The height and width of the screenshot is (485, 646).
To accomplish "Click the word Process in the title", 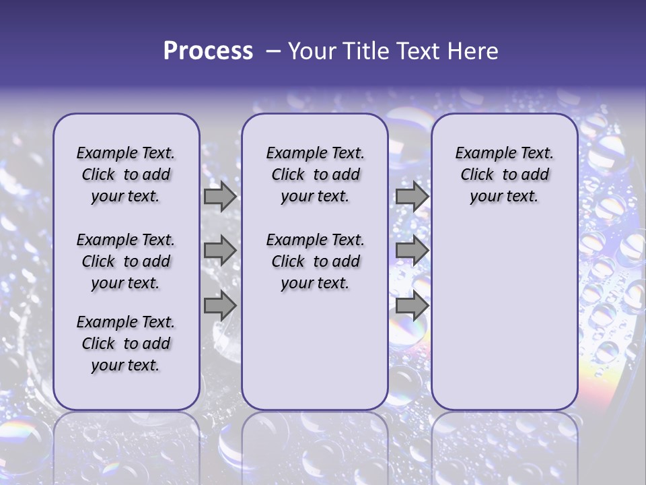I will point(208,51).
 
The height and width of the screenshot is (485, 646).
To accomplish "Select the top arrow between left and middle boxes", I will point(220,197).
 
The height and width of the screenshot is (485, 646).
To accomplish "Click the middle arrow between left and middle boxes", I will point(220,251).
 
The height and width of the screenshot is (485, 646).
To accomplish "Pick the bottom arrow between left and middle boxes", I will point(220,306).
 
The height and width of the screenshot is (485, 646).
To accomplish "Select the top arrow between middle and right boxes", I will point(412,197).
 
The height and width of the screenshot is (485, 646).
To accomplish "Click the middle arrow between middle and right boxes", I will point(412,251).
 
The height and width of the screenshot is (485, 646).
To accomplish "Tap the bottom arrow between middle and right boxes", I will point(412,306).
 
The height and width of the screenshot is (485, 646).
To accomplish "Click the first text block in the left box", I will point(126,174).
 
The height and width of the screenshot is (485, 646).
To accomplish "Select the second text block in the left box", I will point(126,261).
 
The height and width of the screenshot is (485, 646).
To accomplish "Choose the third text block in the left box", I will point(126,344).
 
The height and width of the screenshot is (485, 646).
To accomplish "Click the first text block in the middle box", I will point(315,174).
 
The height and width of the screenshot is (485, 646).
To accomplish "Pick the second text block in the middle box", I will point(315,261).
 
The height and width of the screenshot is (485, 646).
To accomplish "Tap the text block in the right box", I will point(504,174).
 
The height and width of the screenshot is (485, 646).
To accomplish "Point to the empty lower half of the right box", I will point(504,317).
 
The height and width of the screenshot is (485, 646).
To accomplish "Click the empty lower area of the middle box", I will point(315,350).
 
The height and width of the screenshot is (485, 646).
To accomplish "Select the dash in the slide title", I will point(273,51).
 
